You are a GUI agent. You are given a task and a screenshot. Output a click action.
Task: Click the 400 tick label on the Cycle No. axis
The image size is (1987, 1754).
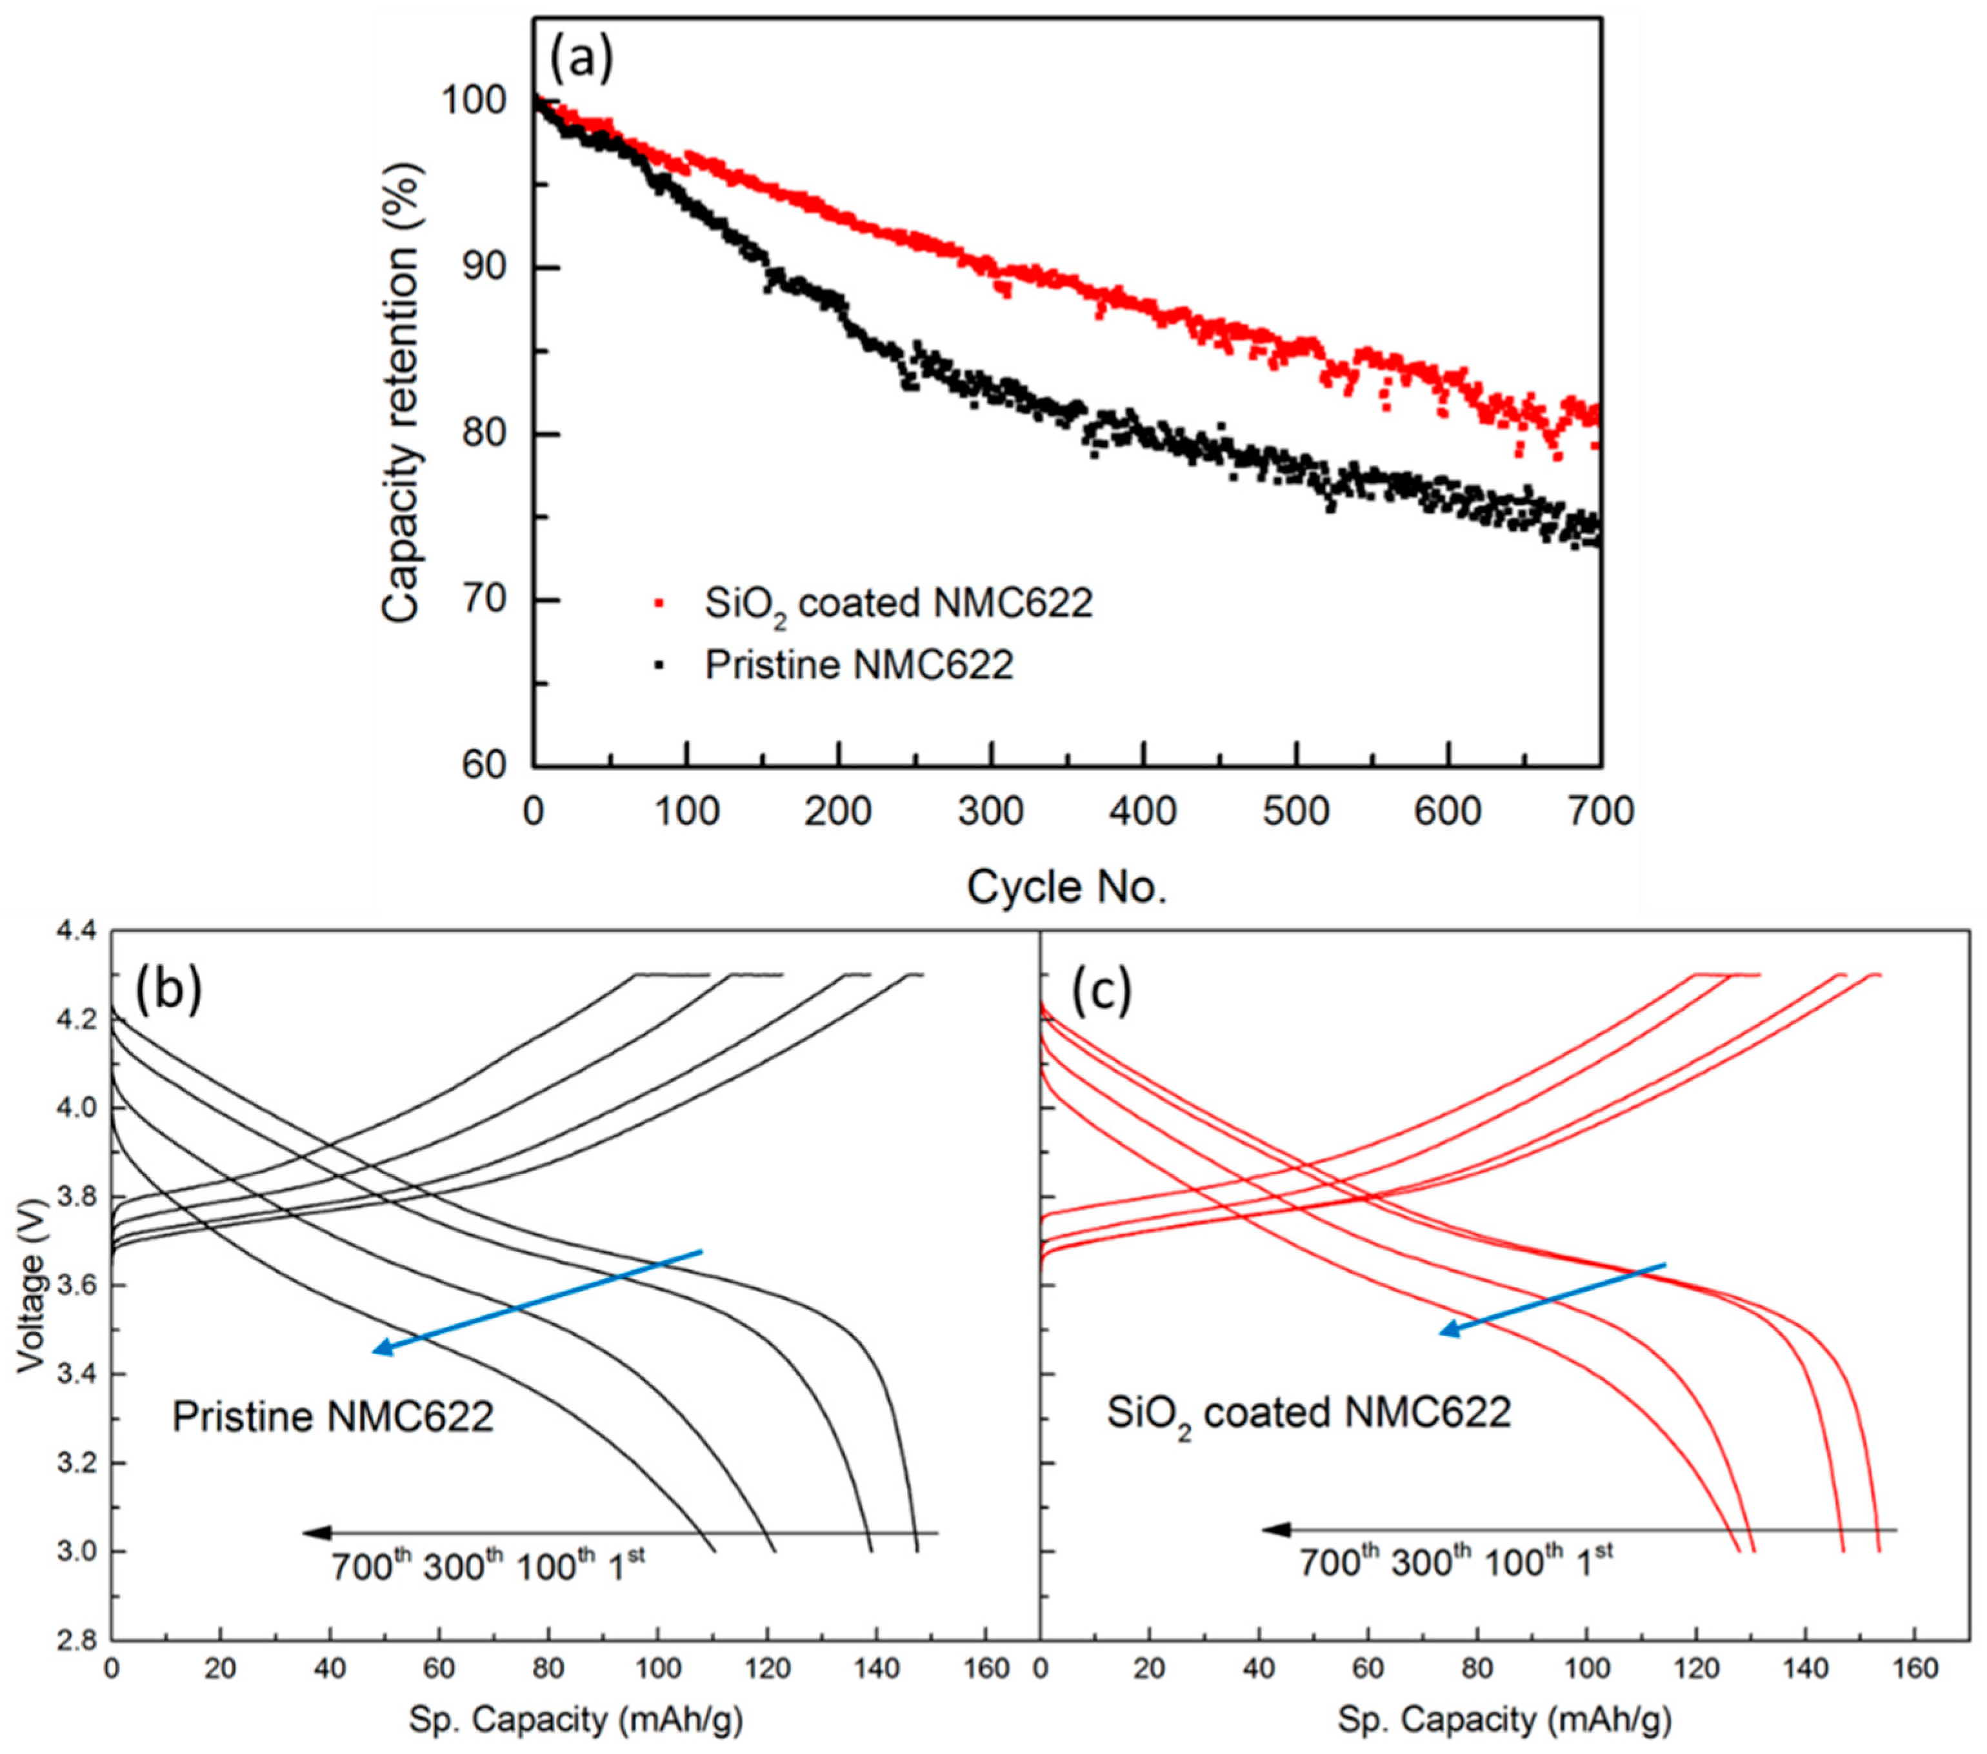[x=1143, y=810]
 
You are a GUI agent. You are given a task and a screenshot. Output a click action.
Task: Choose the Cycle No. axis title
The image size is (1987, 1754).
[x=1066, y=887]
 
